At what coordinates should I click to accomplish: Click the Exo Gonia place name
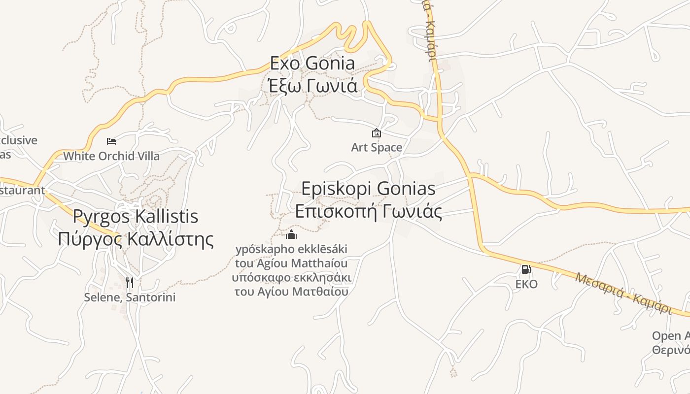312,63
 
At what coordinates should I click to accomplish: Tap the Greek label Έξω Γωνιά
312,86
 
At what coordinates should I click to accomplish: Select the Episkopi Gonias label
368,189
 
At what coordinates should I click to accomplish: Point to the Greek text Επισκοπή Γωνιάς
368,211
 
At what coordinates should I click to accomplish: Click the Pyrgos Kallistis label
136,216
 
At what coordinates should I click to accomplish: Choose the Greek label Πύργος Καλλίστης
136,239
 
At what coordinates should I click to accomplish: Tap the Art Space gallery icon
377,133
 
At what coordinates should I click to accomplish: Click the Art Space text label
377,147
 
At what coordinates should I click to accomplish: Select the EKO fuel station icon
526,269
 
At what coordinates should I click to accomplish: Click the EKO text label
526,284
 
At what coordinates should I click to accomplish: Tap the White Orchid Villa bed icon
111,141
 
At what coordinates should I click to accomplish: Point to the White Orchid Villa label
111,156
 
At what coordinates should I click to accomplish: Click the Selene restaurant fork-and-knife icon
130,282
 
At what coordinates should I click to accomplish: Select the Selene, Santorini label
130,297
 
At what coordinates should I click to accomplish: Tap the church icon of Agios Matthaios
291,234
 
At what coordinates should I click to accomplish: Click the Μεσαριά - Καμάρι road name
623,293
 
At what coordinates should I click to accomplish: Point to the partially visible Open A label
671,336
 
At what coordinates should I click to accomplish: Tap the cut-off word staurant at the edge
22,190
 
